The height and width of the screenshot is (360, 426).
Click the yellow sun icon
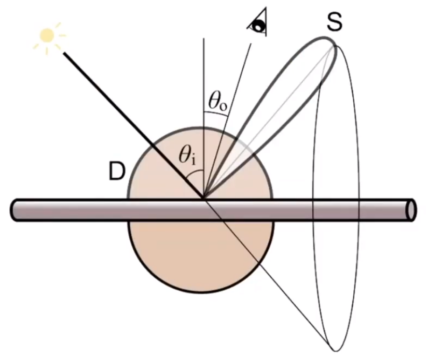47,35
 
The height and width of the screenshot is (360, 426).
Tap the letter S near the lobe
334,22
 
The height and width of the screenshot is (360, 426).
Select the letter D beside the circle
116,173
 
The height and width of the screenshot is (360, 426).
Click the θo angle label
217,103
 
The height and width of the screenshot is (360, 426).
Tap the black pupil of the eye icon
258,26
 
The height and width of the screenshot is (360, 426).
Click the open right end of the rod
412,210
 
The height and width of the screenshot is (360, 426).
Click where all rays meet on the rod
204,199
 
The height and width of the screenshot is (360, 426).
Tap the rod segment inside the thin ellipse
335,210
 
